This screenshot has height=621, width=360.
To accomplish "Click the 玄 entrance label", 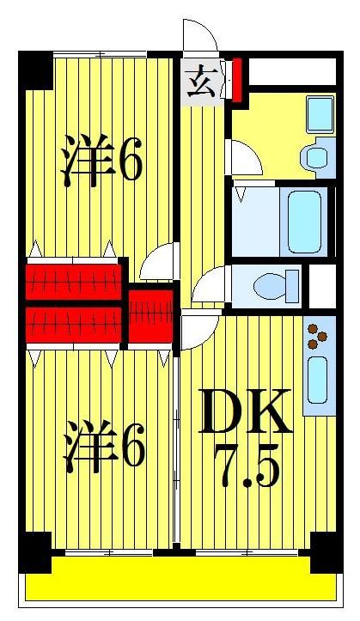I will click(201, 85).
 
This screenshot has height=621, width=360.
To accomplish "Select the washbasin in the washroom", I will click(314, 156).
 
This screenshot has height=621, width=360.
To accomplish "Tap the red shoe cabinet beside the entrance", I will click(236, 78).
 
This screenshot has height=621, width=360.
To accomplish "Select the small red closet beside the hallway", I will click(151, 317).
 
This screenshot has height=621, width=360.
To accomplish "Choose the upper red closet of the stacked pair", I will click(73, 280).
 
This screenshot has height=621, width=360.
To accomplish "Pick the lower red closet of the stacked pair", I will click(73, 326).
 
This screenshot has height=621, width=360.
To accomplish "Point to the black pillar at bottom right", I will click(325, 551).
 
